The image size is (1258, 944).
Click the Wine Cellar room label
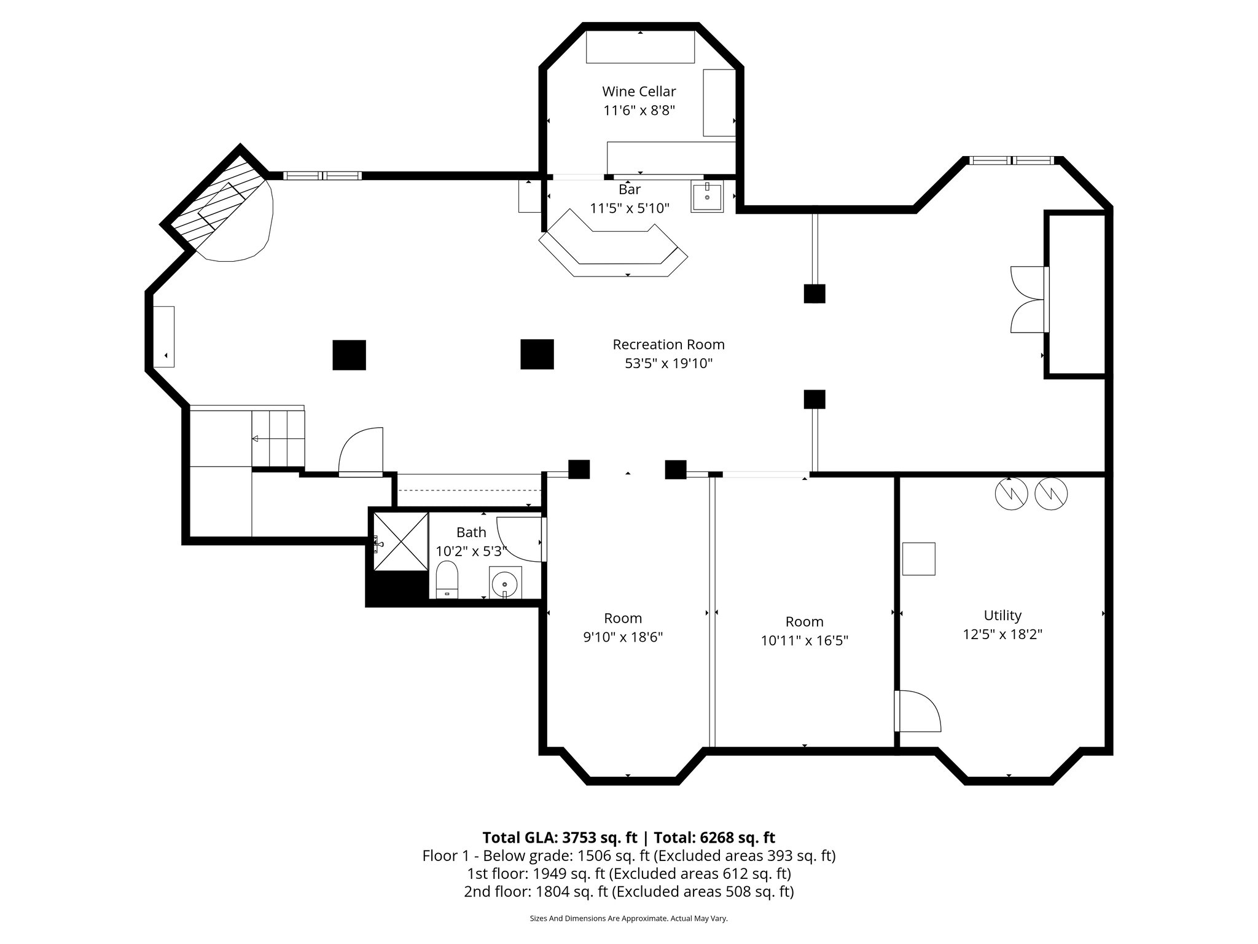[639, 92]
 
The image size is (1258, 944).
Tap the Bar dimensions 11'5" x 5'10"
[629, 208]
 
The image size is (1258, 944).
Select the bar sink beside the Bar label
[707, 196]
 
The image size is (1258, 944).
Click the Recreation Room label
[668, 345]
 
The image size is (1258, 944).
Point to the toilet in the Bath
[447, 580]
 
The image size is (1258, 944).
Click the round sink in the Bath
[505, 581]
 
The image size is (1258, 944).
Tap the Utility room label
[1002, 615]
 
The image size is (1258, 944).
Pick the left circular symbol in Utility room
[1011, 493]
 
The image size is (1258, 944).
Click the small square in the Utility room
[918, 559]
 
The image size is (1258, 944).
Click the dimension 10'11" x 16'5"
[804, 641]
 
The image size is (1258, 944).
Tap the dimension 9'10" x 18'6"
[622, 637]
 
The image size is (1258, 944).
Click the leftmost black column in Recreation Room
[349, 355]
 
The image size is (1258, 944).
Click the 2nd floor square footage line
[628, 892]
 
